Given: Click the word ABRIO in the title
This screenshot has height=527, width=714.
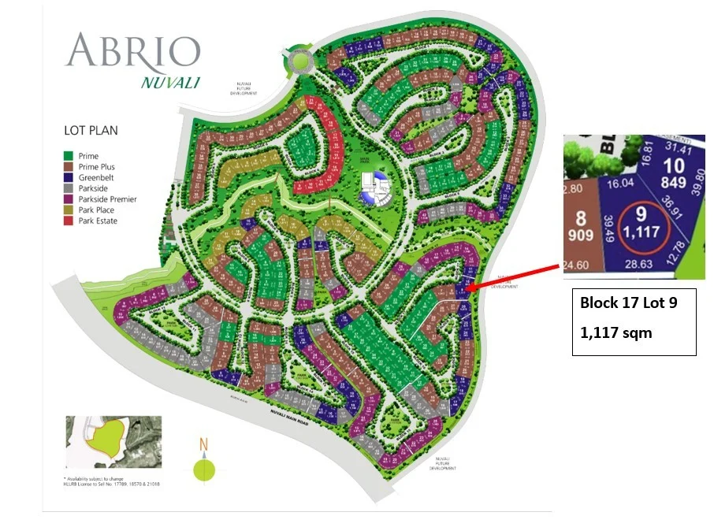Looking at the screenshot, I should tap(132, 50).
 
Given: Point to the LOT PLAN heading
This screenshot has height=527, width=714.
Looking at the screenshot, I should tap(91, 131).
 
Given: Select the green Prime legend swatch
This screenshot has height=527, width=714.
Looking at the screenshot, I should tap(69, 157).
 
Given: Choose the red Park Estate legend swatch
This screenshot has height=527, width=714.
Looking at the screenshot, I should tap(69, 221).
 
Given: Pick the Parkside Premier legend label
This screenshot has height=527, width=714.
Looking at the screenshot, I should tap(113, 199).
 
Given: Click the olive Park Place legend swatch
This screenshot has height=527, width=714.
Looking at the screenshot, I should tap(69, 210).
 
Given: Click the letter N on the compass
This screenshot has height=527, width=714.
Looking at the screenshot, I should tap(203, 445).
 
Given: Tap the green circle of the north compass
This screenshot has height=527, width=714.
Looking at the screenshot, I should tap(203, 470).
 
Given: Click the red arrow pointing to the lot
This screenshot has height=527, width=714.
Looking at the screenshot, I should tap(512, 277).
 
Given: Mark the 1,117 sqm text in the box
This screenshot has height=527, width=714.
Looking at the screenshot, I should tap(616, 332).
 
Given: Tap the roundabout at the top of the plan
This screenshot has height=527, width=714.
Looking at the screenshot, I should tap(299, 61).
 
